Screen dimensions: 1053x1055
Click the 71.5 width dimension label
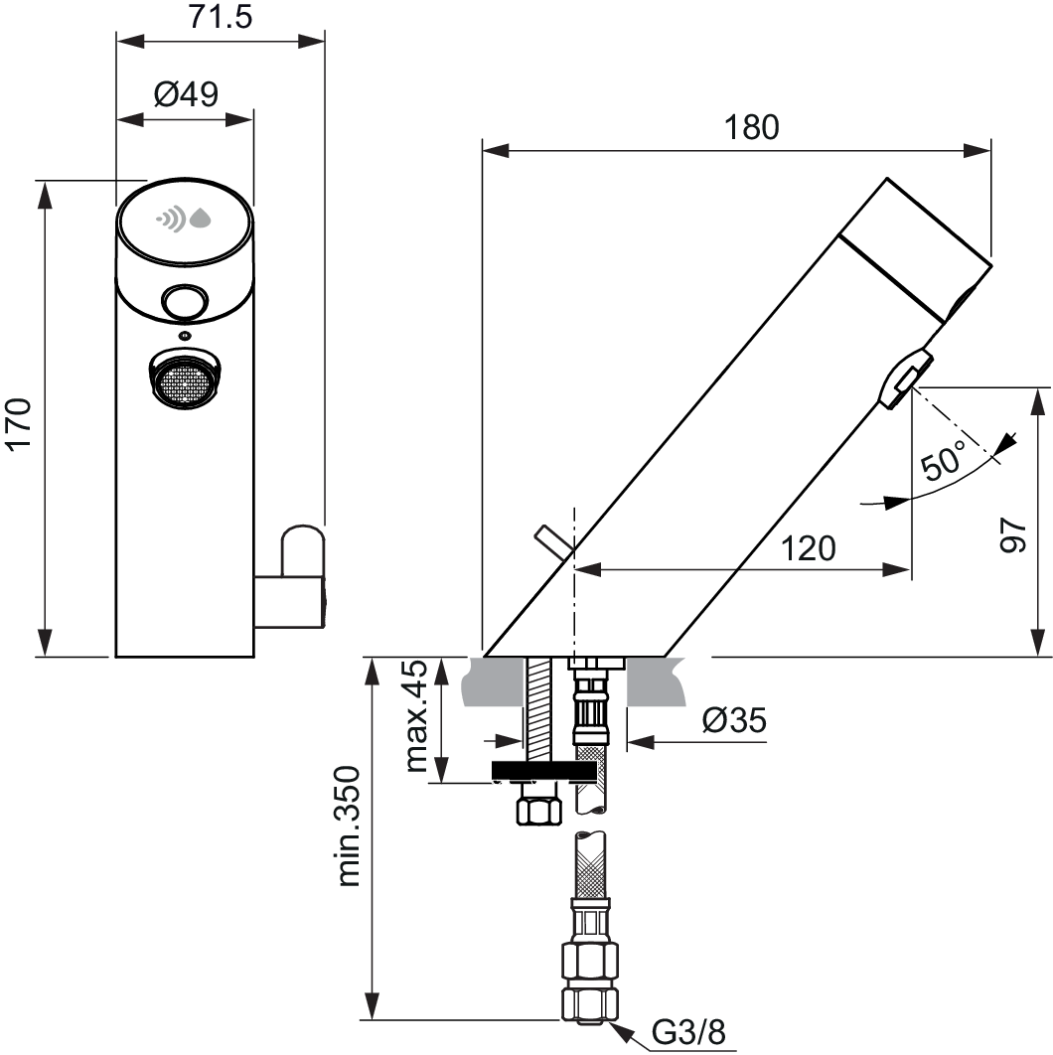tap(220, 16)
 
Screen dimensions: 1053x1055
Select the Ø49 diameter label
tap(187, 94)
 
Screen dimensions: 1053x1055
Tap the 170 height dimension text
tap(19, 424)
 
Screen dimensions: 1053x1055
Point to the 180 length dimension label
tap(752, 127)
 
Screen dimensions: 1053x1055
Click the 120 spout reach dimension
tap(808, 549)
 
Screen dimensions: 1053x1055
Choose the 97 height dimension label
tap(1012, 535)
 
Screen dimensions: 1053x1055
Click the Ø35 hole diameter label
tap(734, 720)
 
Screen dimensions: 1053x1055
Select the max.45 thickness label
tap(417, 716)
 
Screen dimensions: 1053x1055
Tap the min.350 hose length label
tap(350, 827)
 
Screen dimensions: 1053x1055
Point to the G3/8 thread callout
tap(688, 1032)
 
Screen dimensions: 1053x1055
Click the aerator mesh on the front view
tap(186, 382)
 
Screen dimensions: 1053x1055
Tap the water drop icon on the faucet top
tap(200, 218)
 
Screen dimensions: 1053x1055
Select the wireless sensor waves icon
tap(172, 218)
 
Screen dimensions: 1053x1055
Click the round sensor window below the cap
tap(185, 301)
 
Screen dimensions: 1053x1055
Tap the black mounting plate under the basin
tap(543, 771)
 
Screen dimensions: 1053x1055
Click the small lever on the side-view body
tap(553, 542)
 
